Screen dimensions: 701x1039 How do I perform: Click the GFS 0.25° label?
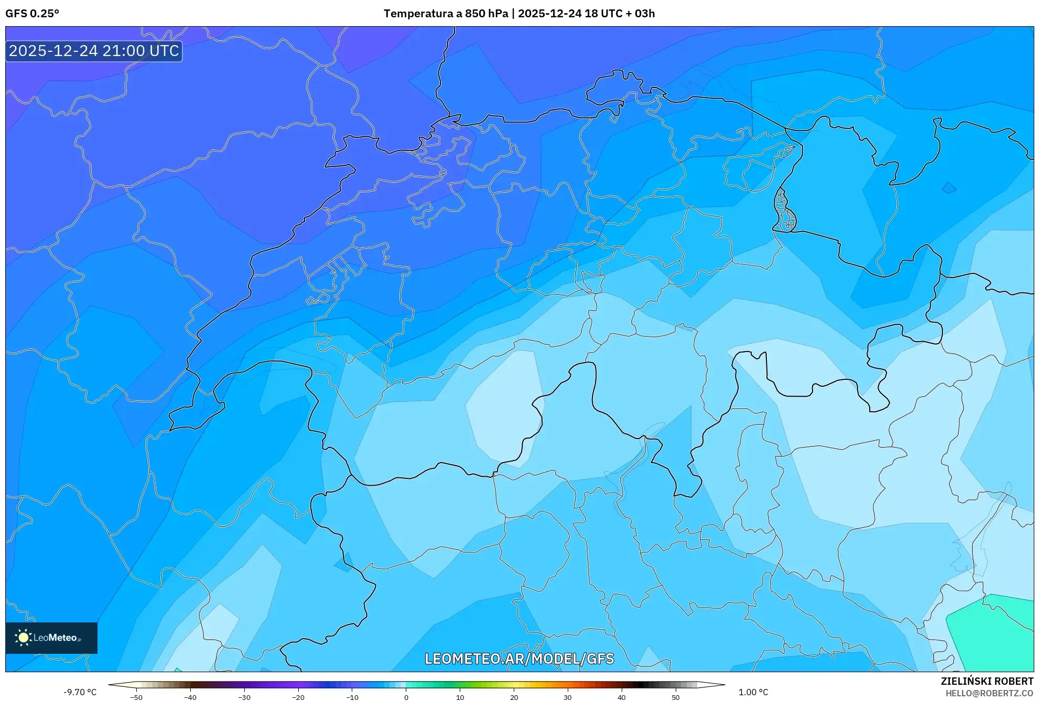32,14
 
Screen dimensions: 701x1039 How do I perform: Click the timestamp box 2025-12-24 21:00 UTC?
94,51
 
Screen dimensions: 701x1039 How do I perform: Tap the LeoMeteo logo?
51,638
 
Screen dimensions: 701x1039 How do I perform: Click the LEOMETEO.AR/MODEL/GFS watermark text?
519,659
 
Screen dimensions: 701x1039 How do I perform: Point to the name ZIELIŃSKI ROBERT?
987,681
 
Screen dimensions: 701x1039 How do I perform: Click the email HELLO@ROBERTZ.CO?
989,693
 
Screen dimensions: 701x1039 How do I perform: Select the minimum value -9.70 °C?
80,692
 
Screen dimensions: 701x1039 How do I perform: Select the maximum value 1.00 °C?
753,692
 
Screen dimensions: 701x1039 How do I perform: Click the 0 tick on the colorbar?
406,697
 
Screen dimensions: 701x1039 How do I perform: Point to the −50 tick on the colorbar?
136,697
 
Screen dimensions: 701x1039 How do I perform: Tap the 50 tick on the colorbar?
676,697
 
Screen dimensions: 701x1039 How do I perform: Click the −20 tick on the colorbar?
298,697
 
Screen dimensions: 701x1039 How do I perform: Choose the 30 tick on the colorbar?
568,697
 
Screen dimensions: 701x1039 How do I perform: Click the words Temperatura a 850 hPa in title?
446,14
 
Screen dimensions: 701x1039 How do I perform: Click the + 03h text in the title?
640,14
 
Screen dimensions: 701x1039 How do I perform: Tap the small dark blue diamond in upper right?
949,188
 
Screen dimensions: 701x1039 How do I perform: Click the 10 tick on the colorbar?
460,697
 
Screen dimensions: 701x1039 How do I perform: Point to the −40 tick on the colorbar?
190,697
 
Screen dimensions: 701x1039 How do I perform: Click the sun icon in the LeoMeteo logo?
23,638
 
